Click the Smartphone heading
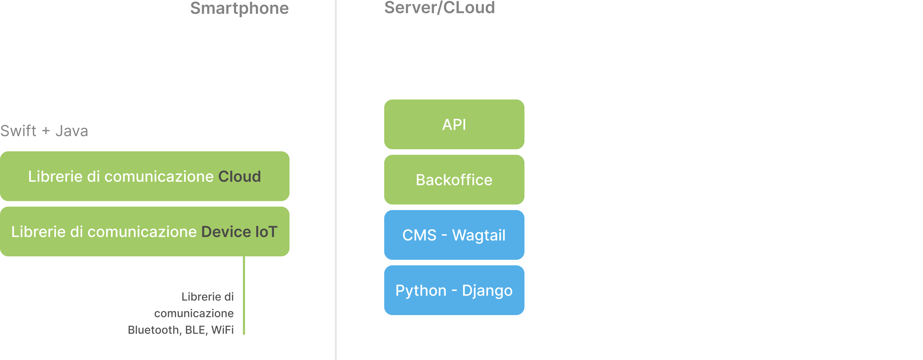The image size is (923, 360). pyautogui.click(x=239, y=8)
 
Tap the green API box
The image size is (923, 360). pyautogui.click(x=454, y=124)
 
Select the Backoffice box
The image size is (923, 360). pyautogui.click(x=454, y=179)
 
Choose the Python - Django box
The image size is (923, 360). pyautogui.click(x=454, y=290)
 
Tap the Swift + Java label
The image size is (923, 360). pyautogui.click(x=44, y=131)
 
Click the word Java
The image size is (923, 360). pyautogui.click(x=72, y=131)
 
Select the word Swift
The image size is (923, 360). pyautogui.click(x=18, y=131)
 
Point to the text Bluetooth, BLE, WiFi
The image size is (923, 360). pyautogui.click(x=181, y=330)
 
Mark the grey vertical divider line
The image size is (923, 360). pyautogui.click(x=336, y=180)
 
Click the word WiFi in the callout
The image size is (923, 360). pyautogui.click(x=222, y=330)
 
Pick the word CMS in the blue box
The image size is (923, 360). pyautogui.click(x=419, y=235)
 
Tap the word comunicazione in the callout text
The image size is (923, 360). pyautogui.click(x=194, y=313)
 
